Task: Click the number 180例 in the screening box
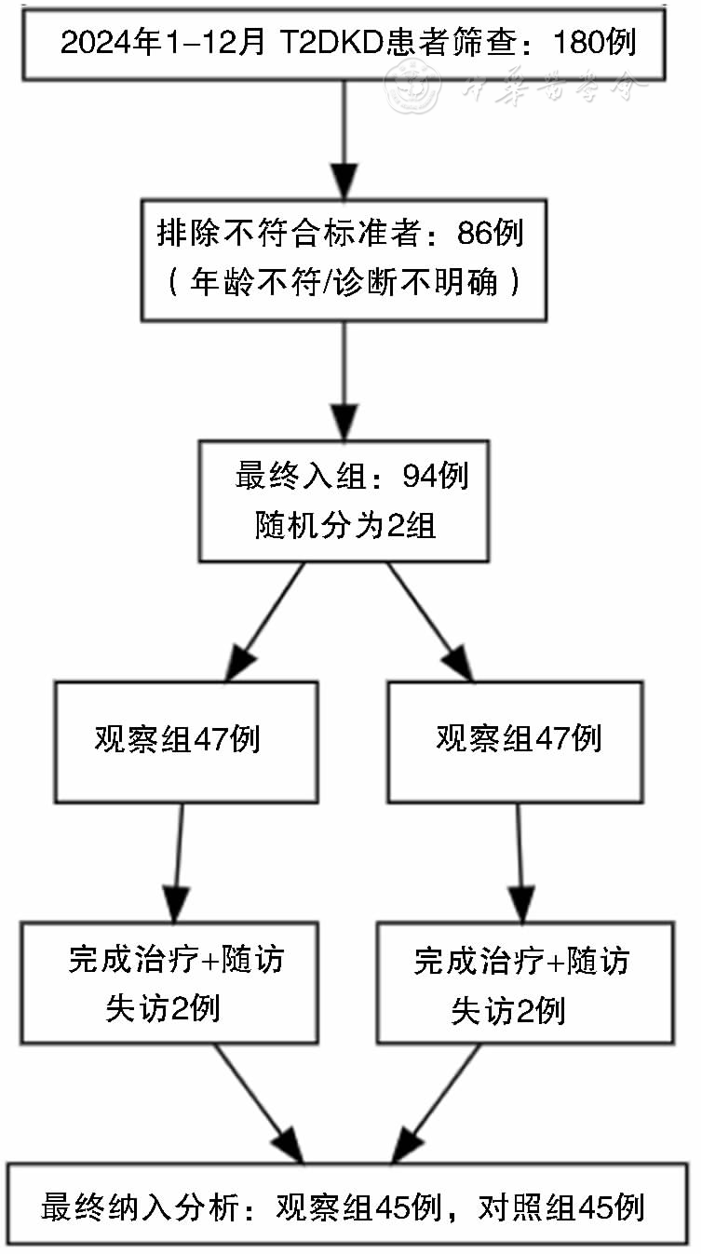594,42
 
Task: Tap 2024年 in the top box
111,42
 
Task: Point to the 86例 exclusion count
491,233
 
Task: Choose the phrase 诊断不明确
415,281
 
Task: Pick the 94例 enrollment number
436,476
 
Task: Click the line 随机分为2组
344,525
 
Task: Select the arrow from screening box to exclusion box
344,140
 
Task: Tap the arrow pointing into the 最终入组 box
344,382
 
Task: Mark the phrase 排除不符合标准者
289,233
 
